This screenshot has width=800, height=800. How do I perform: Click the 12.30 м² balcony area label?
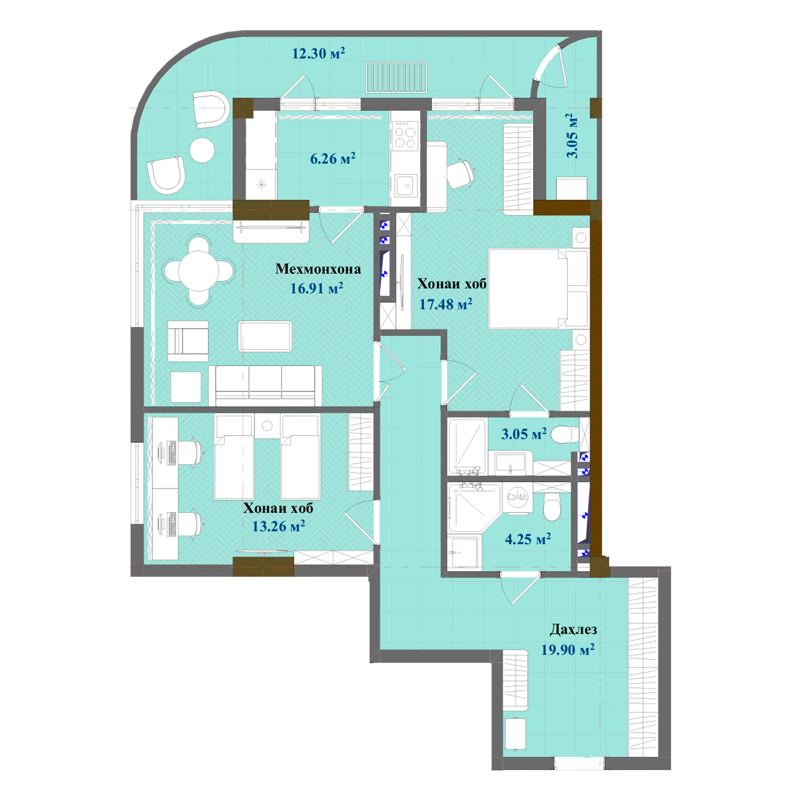pyautogui.click(x=318, y=53)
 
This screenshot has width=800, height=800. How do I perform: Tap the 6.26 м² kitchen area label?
pyautogui.click(x=332, y=159)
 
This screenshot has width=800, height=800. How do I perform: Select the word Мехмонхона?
pyautogui.click(x=318, y=269)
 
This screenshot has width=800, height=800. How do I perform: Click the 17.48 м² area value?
pyautogui.click(x=445, y=304)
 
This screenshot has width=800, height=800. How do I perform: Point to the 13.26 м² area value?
pyautogui.click(x=278, y=526)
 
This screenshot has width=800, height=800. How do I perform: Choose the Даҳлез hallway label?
pyautogui.click(x=573, y=629)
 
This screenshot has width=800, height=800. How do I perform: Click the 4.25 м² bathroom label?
pyautogui.click(x=528, y=539)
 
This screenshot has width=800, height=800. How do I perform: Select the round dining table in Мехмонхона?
pyautogui.click(x=199, y=271)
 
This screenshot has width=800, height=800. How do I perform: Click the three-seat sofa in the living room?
pyautogui.click(x=265, y=386)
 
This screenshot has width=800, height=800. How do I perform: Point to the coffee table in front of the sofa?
pyautogui.click(x=265, y=336)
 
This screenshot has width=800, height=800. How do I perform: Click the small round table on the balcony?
pyautogui.click(x=202, y=150)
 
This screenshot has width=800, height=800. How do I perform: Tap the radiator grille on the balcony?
pyautogui.click(x=397, y=77)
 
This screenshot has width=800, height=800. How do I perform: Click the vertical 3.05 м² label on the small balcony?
pyautogui.click(x=572, y=136)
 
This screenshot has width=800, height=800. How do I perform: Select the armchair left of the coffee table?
pyautogui.click(x=188, y=341)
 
